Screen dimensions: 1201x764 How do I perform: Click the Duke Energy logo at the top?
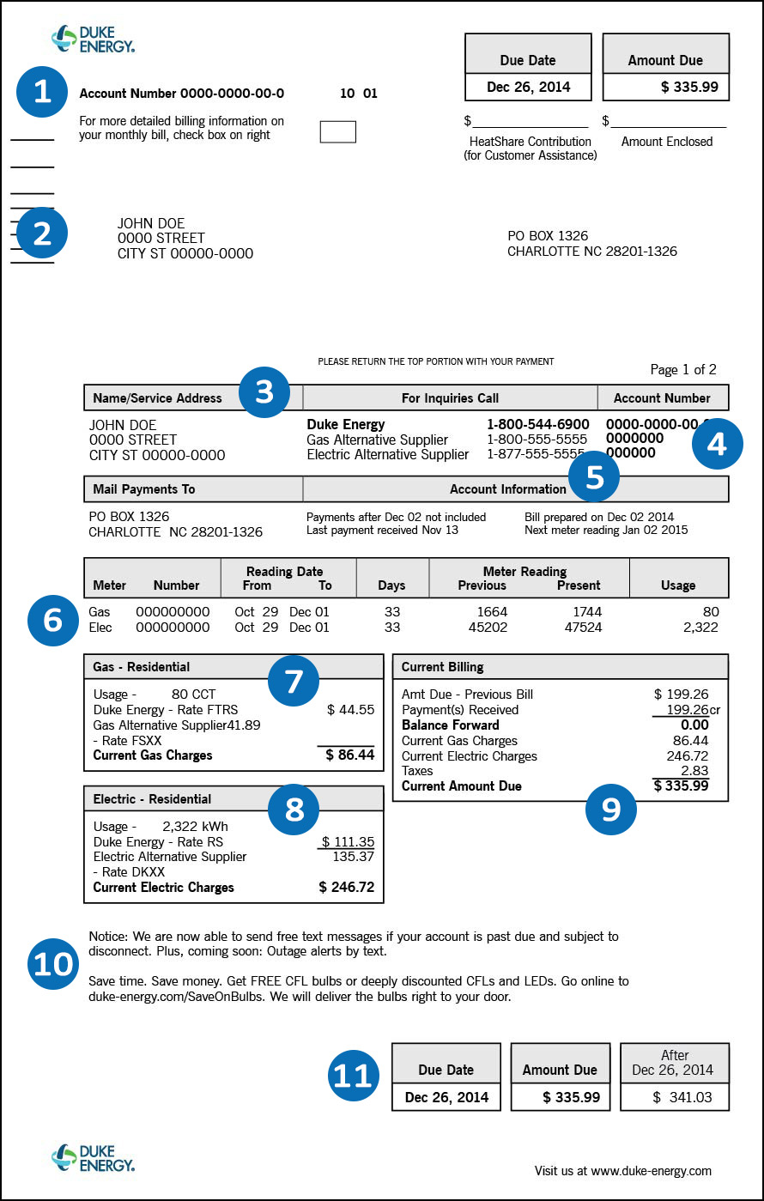click(93, 39)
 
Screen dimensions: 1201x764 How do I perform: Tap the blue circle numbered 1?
click(42, 92)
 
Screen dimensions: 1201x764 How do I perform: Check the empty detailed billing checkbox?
click(337, 131)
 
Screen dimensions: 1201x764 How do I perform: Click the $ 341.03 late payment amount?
click(675, 1097)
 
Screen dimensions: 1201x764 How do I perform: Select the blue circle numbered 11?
click(354, 1076)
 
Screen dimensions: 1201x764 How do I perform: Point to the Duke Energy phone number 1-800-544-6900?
click(538, 424)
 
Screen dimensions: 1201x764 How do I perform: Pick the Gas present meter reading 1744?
click(587, 612)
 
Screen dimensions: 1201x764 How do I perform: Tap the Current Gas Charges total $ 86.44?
click(350, 755)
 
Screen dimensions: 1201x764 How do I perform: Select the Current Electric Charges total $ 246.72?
click(347, 888)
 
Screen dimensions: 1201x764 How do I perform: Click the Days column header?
click(391, 585)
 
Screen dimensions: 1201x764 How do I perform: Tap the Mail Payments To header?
click(144, 489)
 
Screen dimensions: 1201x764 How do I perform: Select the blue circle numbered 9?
click(611, 809)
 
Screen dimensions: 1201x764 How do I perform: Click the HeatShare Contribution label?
click(530, 142)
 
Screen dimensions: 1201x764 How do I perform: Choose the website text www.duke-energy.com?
click(651, 1171)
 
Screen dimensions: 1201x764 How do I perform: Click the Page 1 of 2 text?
click(683, 370)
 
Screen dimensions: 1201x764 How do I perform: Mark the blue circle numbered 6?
click(53, 619)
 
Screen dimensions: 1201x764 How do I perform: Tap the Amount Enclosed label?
click(667, 142)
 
